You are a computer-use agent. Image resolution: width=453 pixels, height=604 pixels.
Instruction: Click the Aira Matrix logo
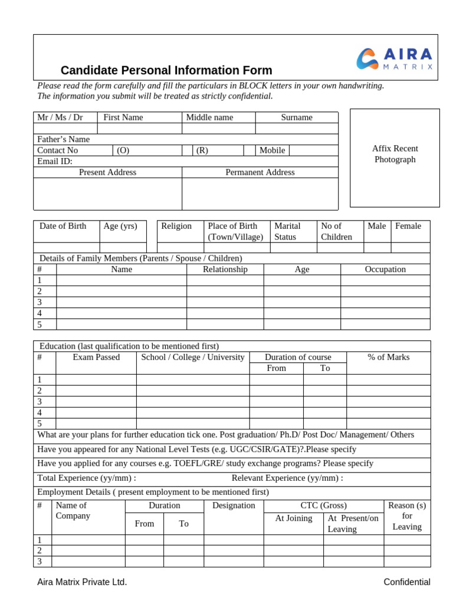tap(396, 59)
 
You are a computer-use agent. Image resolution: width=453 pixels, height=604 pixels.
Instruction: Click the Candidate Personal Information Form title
tap(166, 70)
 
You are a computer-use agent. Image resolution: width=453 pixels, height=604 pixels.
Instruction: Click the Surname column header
tap(297, 117)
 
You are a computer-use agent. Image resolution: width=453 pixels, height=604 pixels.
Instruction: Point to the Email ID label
tap(55, 161)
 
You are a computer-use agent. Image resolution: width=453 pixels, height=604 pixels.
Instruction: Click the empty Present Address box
tap(107, 193)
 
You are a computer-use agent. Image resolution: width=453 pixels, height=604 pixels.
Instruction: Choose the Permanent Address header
tap(260, 172)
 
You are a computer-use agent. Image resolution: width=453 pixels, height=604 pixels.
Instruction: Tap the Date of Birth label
tap(63, 226)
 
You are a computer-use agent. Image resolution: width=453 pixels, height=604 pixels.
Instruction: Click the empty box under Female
tap(411, 248)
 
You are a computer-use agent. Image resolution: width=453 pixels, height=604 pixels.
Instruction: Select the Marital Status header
tap(287, 231)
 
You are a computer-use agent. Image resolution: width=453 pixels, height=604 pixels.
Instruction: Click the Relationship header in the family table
tap(225, 269)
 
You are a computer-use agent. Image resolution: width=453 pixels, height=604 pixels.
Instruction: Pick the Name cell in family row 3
tap(122, 302)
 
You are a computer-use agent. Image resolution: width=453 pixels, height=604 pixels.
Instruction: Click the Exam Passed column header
tap(96, 357)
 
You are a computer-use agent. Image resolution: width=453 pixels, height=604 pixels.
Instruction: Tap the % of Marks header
tap(388, 357)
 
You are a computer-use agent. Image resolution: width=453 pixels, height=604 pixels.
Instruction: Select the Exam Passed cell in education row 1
tap(96, 379)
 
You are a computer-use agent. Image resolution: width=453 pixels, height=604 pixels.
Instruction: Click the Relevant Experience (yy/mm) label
tap(287, 478)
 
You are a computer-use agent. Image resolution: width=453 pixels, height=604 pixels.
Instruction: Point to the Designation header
tap(234, 505)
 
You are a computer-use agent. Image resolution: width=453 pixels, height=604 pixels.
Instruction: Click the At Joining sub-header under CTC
tap(294, 518)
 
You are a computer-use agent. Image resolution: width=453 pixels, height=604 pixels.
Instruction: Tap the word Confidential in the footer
tap(407, 582)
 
